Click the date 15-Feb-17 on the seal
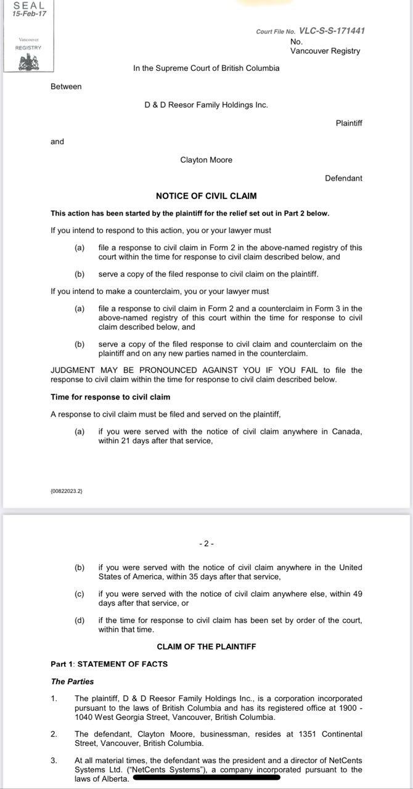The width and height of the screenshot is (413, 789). pyautogui.click(x=29, y=14)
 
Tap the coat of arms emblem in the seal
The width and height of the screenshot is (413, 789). pyautogui.click(x=28, y=62)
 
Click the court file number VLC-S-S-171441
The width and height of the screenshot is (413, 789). pyautogui.click(x=335, y=31)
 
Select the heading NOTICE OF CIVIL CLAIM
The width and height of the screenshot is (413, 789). pyautogui.click(x=206, y=196)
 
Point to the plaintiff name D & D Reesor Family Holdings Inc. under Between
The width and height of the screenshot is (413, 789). pyautogui.click(x=206, y=105)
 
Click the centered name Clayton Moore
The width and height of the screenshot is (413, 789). pyautogui.click(x=206, y=160)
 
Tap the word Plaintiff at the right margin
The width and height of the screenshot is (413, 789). pyautogui.click(x=349, y=123)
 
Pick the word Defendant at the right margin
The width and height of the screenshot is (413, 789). pyautogui.click(x=343, y=178)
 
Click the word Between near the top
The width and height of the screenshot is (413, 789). pyautogui.click(x=66, y=86)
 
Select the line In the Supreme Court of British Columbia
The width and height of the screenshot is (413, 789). pyautogui.click(x=206, y=68)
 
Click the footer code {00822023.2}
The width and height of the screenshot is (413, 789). pyautogui.click(x=66, y=491)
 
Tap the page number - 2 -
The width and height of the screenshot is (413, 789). pyautogui.click(x=206, y=544)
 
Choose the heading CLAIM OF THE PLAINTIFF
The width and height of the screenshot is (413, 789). pyautogui.click(x=206, y=647)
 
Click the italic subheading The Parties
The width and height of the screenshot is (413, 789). pyautogui.click(x=72, y=681)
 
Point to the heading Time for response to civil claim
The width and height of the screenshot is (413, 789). pyautogui.click(x=110, y=397)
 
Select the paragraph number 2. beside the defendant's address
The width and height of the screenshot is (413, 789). pyautogui.click(x=54, y=734)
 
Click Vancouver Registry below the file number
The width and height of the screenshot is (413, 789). pyautogui.click(x=325, y=51)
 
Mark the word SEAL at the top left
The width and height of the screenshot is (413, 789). pyautogui.click(x=28, y=5)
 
